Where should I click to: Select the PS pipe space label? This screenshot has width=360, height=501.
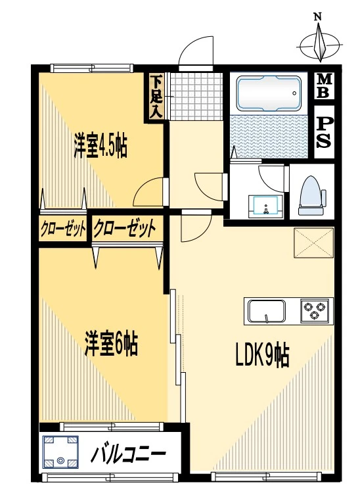tap(323, 131)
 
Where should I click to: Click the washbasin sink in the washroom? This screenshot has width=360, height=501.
tap(266, 206)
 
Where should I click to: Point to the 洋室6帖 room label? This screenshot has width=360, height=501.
tap(110, 345)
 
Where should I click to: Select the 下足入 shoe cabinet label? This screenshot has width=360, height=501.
tap(155, 97)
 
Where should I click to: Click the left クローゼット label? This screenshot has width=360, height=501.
tap(63, 229)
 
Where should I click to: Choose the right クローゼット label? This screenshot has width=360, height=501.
tap(125, 229)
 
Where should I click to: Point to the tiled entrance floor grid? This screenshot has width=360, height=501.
tap(192, 95)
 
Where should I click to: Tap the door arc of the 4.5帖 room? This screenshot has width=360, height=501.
tap(149, 193)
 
